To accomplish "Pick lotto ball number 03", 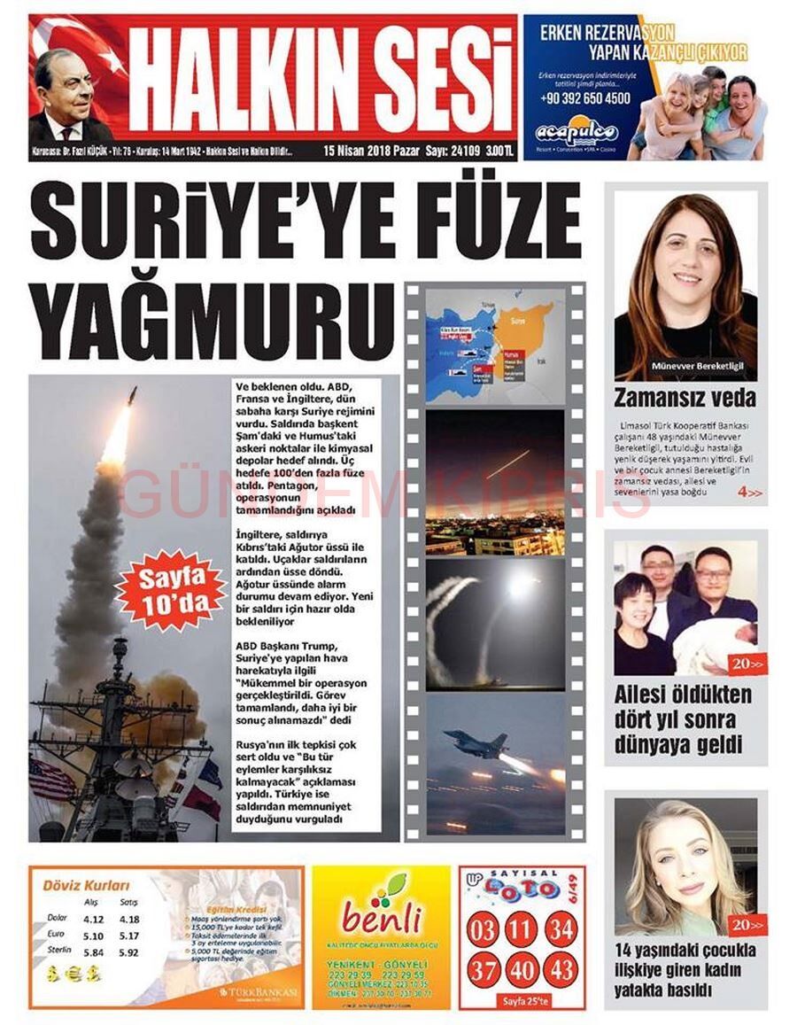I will pos(484,931).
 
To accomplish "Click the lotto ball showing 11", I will pos(522,931).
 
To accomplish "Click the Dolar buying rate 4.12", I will pos(92,920).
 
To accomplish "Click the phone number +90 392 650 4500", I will pos(584,98).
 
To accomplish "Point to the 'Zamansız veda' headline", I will pos(685,397).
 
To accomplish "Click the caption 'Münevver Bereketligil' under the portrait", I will pos(685,365).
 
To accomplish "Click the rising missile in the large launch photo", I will pos(130,399).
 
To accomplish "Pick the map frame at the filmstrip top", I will pos(494,346).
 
